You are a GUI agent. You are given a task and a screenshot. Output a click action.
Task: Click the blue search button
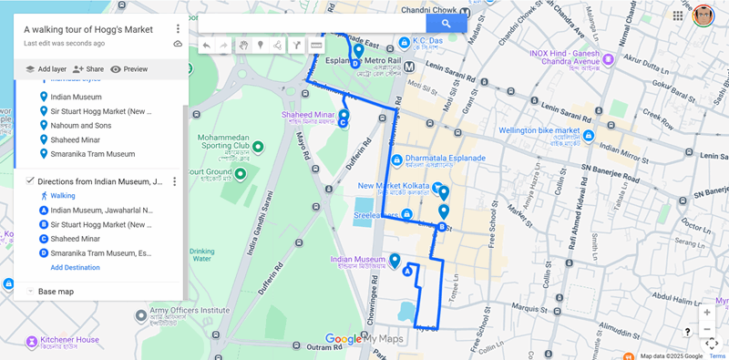(446, 24)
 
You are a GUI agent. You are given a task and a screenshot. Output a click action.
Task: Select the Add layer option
(46, 69)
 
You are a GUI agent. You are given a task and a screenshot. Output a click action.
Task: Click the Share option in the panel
(88, 69)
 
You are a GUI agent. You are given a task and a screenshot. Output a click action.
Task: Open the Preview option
(128, 69)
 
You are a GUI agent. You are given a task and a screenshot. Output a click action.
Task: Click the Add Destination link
(75, 267)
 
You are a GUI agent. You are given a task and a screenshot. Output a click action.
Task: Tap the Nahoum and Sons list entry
(77, 125)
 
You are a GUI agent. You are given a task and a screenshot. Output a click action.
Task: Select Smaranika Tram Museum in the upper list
(92, 154)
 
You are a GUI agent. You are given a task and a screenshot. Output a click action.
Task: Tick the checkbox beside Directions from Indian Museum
(30, 181)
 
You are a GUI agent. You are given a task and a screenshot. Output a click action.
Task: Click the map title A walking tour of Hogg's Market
(88, 29)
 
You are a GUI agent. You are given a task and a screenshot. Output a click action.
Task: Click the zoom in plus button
(707, 312)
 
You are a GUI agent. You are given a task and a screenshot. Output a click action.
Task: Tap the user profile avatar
(703, 15)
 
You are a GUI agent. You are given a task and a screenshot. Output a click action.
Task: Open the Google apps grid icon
(678, 15)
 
